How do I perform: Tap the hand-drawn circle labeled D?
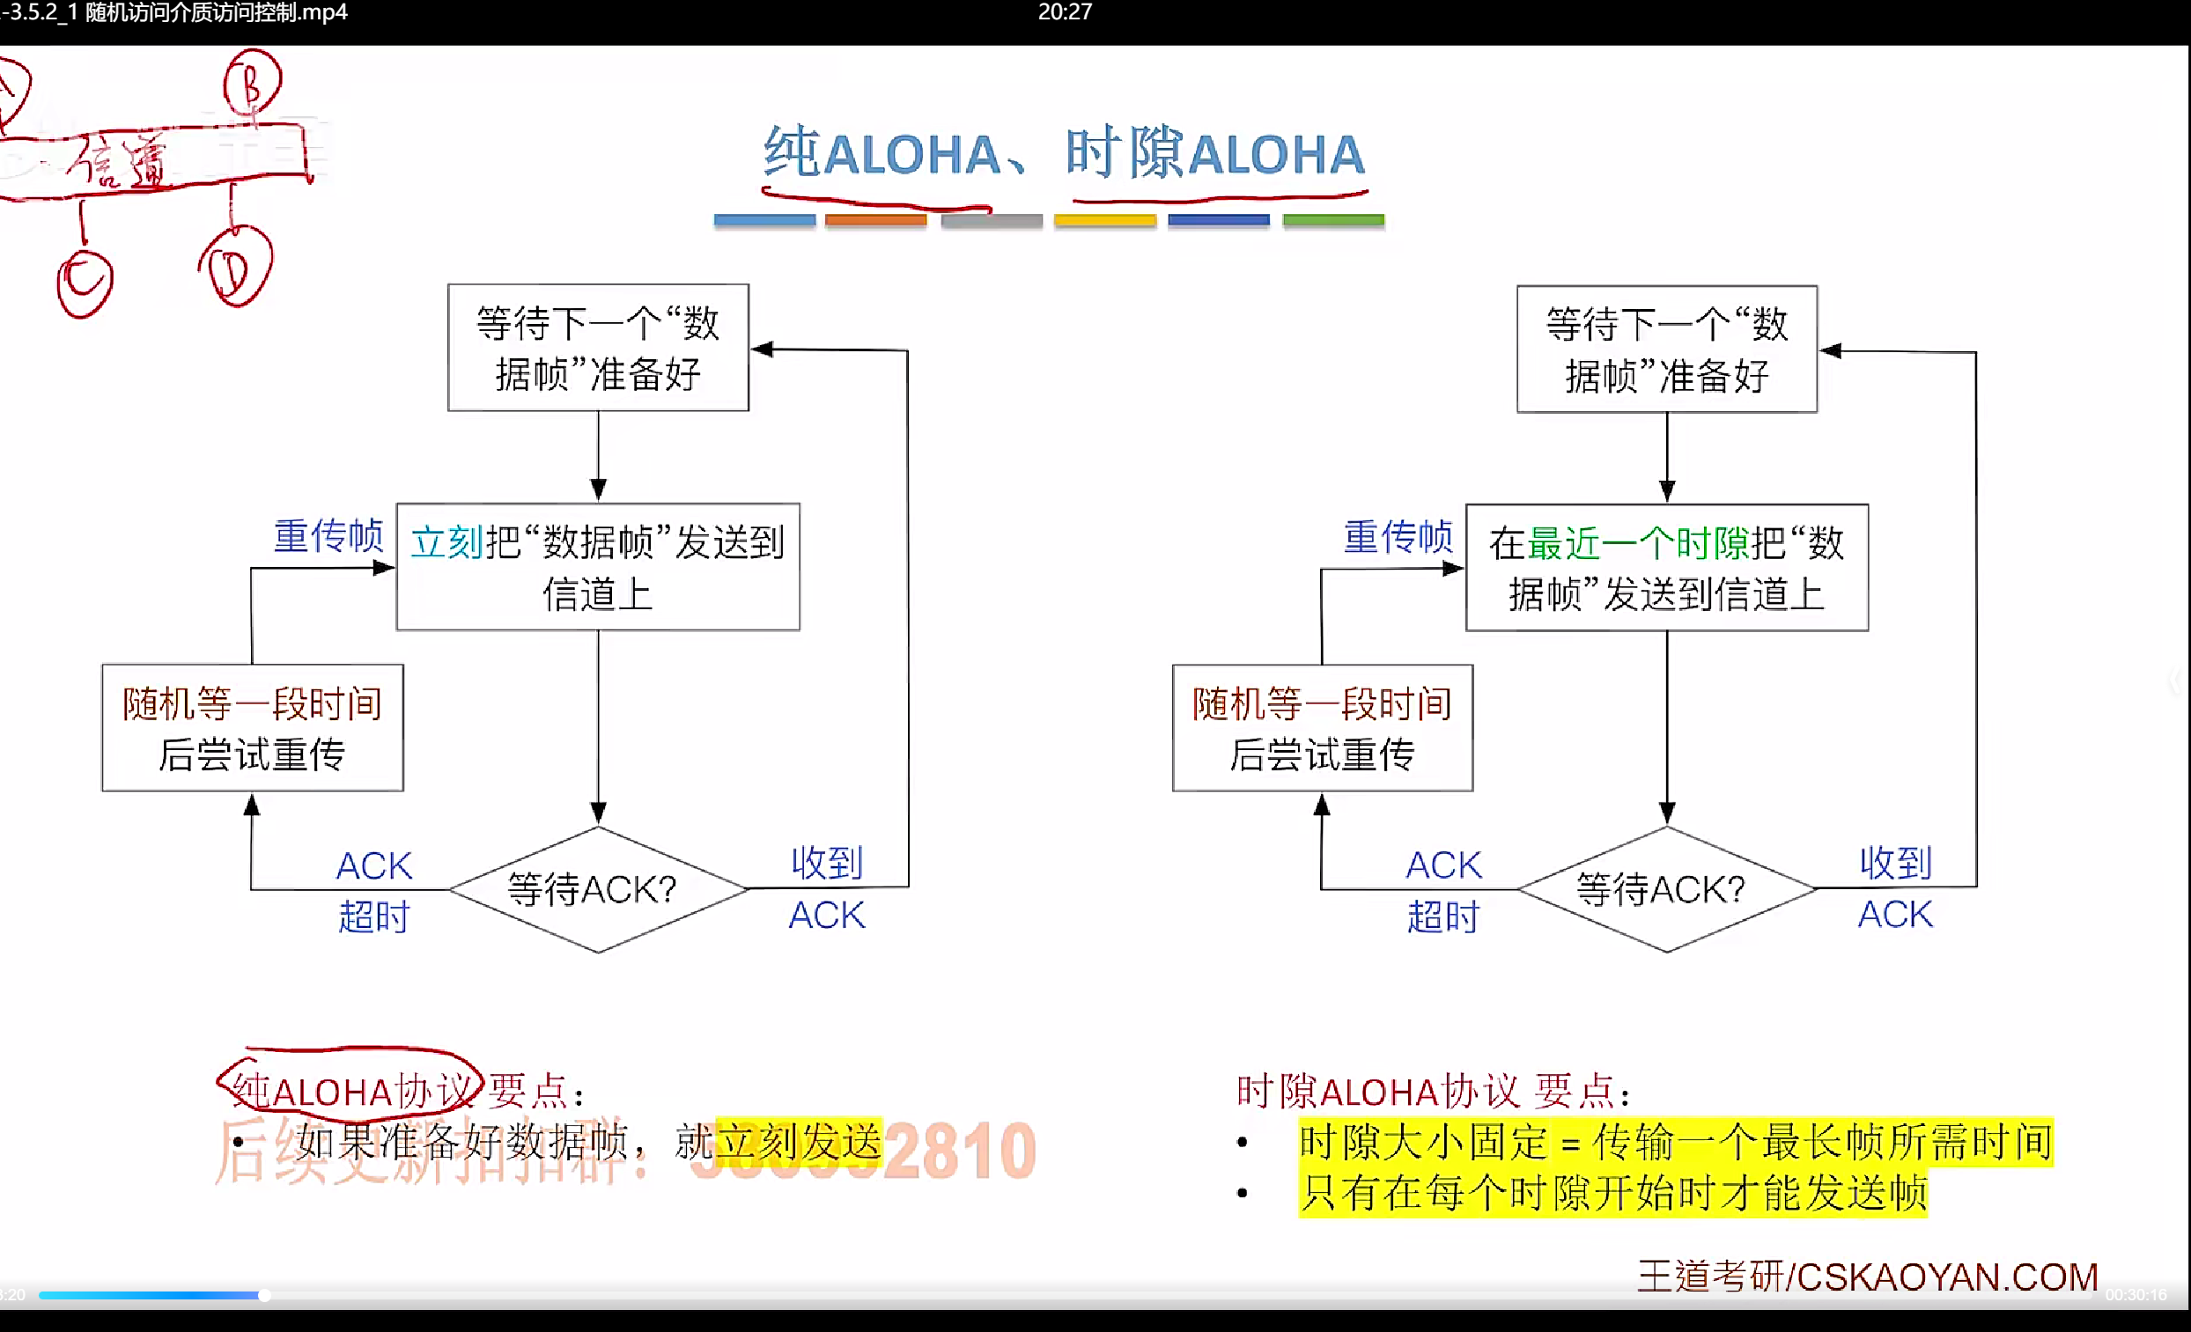(235, 268)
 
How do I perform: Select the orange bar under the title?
(875, 219)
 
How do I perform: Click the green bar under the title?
(1333, 219)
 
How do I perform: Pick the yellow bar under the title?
(1104, 219)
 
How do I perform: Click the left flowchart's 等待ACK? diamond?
(598, 889)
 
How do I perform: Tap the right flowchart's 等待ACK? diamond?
(1666, 889)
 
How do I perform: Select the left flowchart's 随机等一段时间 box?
(253, 727)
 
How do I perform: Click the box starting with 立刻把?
(598, 567)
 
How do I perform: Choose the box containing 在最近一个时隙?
(1666, 567)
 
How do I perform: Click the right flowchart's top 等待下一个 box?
(1666, 349)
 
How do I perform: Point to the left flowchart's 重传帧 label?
(328, 536)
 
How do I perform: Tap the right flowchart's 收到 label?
(1896, 863)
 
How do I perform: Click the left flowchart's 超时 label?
(373, 916)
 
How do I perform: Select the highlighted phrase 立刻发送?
(799, 1142)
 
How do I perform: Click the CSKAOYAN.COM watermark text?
(1945, 1277)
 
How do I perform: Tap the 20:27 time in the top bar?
(1065, 12)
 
